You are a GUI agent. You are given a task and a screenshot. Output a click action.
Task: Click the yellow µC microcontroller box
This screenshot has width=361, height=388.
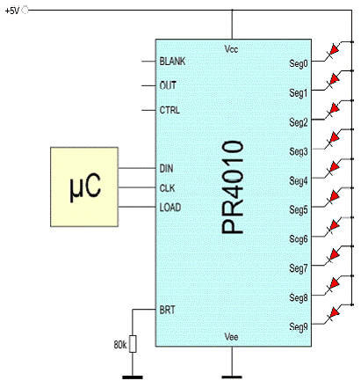(x=84, y=187)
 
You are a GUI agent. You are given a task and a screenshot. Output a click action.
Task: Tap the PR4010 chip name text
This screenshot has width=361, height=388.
(x=233, y=187)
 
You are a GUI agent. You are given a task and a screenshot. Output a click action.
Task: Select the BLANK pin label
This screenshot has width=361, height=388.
(x=172, y=61)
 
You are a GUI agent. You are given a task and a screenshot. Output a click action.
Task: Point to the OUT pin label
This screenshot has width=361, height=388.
(x=168, y=85)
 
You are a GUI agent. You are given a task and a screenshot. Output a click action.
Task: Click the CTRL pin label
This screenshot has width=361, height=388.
(x=170, y=110)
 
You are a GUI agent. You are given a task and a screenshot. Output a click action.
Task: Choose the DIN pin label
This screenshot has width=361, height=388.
(x=166, y=168)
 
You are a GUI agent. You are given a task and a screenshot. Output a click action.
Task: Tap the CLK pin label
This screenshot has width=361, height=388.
(x=167, y=187)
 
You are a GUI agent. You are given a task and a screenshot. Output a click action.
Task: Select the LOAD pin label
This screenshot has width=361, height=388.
(x=170, y=208)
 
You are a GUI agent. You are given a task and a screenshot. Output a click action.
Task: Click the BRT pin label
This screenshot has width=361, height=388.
(x=167, y=310)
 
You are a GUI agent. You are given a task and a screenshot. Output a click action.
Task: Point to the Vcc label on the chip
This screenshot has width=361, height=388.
(x=231, y=48)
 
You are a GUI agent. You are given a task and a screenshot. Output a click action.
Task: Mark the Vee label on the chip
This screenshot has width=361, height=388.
(x=231, y=336)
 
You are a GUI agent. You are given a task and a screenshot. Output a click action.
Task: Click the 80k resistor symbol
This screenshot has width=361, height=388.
(x=133, y=343)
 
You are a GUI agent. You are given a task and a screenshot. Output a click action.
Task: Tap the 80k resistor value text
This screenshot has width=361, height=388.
(x=120, y=345)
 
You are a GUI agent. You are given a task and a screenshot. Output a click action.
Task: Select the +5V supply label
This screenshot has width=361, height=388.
(x=12, y=11)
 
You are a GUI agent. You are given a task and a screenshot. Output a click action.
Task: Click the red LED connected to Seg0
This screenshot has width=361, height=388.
(x=334, y=50)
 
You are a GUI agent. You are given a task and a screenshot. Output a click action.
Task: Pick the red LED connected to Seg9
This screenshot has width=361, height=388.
(x=334, y=313)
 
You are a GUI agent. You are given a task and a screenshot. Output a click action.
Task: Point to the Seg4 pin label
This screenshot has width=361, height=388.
(x=299, y=180)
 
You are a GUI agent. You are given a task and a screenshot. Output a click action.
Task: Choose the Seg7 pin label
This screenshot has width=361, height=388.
(x=299, y=268)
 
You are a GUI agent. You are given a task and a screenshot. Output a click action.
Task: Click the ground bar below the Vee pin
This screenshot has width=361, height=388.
(x=232, y=377)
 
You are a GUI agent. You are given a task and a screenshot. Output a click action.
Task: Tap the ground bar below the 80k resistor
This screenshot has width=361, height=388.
(x=133, y=377)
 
